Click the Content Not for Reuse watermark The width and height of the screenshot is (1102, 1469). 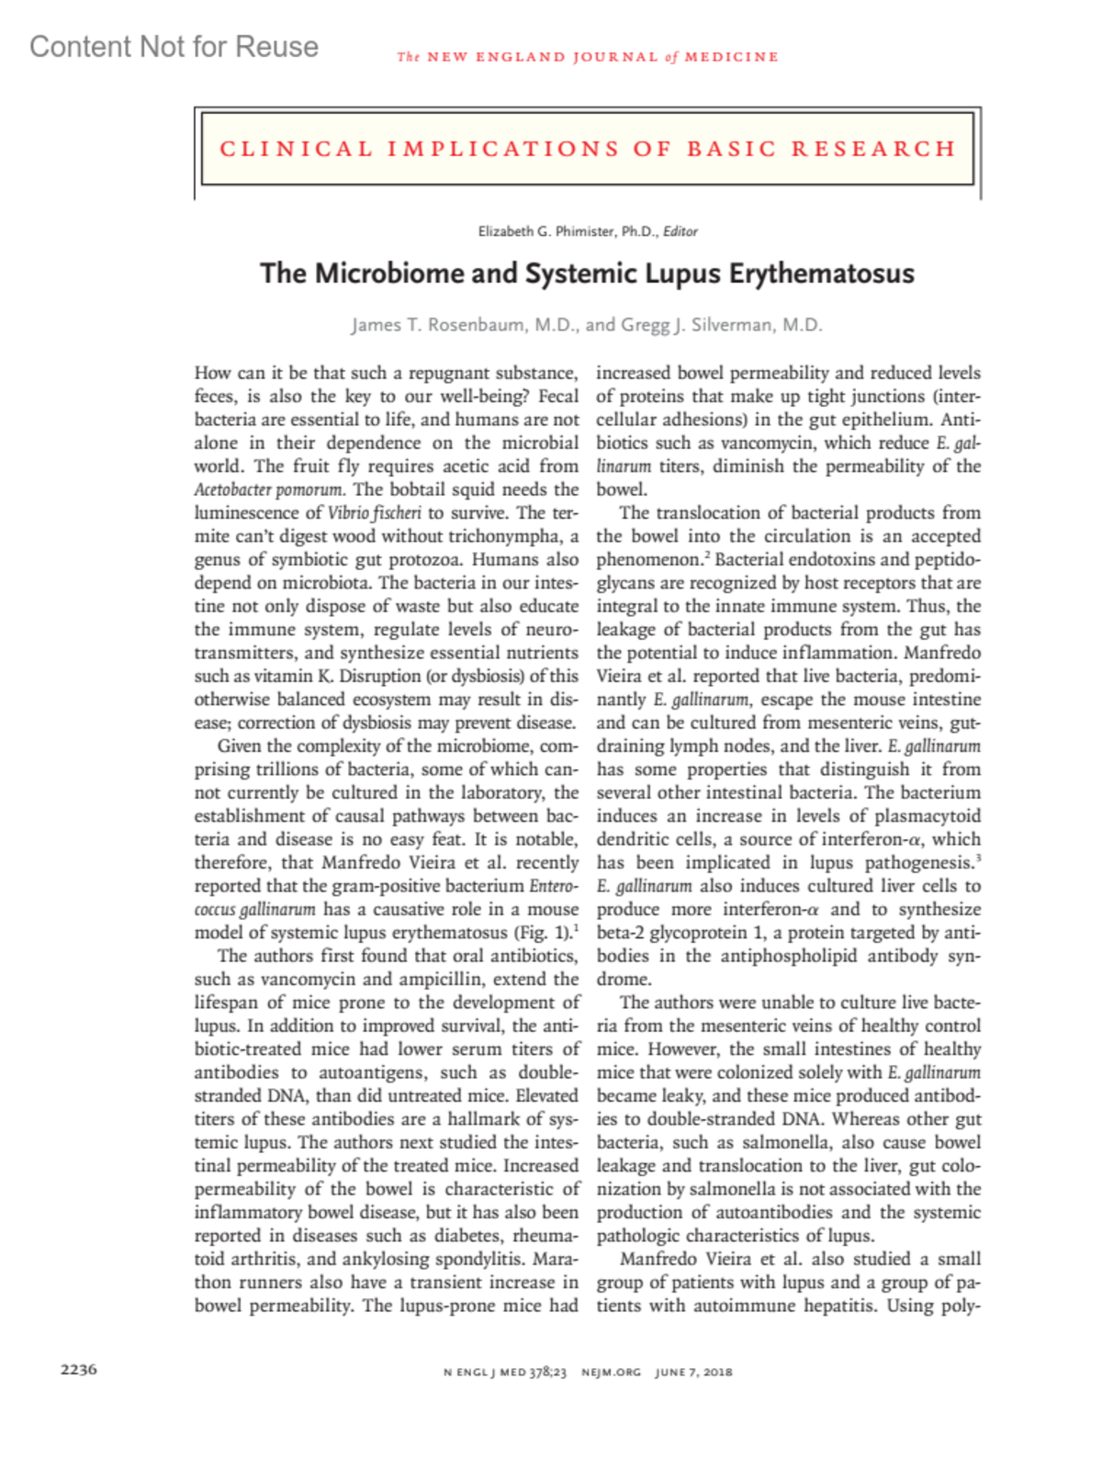pyautogui.click(x=174, y=47)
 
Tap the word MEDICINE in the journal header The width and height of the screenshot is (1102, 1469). pyautogui.click(x=731, y=57)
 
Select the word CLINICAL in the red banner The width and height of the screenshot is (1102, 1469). pyautogui.click(x=296, y=149)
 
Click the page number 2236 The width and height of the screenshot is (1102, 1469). pyautogui.click(x=79, y=1369)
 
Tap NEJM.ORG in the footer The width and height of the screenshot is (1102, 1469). pyautogui.click(x=611, y=1373)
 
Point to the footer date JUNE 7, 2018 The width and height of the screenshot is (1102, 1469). pyautogui.click(x=693, y=1373)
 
